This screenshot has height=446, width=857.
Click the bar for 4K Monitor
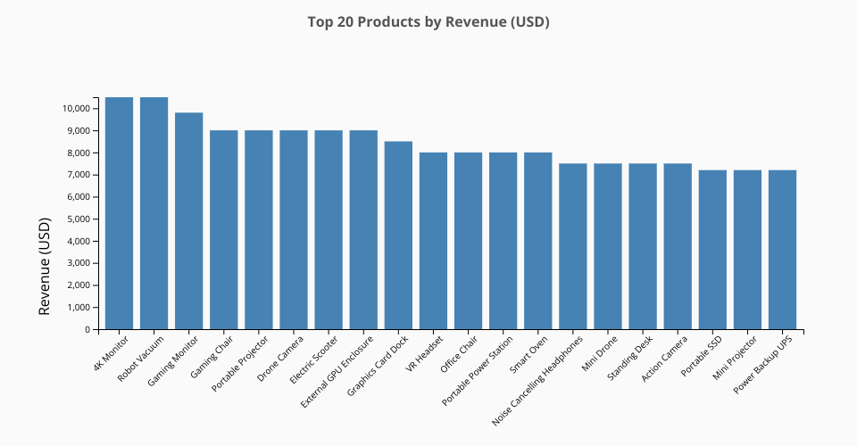(119, 214)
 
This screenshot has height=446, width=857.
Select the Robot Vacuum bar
(154, 214)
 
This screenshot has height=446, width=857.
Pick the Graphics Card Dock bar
(398, 235)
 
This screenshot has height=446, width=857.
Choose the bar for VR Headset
(433, 241)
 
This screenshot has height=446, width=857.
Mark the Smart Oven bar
(537, 241)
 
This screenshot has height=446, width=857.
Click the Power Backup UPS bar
(782, 250)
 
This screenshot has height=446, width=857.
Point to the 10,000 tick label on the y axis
(76, 109)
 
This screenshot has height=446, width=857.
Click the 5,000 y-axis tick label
(79, 219)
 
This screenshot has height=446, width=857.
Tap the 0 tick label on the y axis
(87, 330)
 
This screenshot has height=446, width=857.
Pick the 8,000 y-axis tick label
(79, 153)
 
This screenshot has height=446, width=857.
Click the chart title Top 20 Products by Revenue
(428, 21)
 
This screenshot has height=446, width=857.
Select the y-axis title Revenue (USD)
(46, 268)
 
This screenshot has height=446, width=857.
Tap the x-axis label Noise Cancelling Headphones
(539, 377)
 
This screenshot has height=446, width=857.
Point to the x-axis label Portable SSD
(702, 356)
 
